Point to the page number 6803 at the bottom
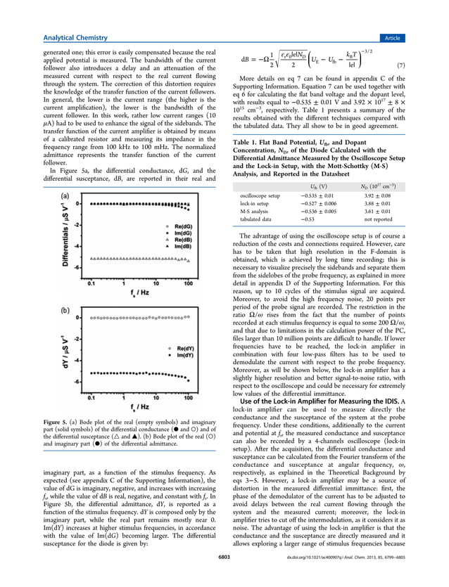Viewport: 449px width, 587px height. (x=224, y=577)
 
